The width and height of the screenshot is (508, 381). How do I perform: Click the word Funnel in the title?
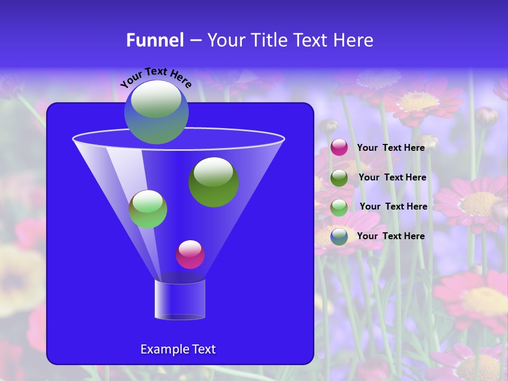(x=155, y=40)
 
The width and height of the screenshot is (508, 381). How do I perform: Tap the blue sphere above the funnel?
(x=156, y=112)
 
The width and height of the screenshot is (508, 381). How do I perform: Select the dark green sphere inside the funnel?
(x=213, y=183)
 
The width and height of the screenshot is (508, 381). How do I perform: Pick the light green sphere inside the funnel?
(x=148, y=209)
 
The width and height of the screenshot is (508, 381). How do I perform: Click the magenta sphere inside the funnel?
(x=190, y=255)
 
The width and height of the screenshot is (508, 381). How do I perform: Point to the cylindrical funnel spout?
(x=179, y=299)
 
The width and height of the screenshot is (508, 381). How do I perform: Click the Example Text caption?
(x=178, y=349)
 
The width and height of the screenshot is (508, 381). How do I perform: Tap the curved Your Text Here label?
(x=156, y=77)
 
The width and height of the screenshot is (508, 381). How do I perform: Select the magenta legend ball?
(x=339, y=148)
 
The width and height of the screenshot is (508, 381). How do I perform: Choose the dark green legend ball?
(x=339, y=178)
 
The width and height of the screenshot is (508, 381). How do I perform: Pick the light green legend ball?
(x=339, y=207)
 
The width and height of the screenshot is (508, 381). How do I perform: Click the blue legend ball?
(x=339, y=237)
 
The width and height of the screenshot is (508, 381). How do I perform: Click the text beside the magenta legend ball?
(x=391, y=148)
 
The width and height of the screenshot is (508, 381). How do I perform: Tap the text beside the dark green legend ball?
(x=392, y=177)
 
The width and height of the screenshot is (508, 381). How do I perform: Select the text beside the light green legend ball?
(x=393, y=206)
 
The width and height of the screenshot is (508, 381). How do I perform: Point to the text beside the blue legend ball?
(x=391, y=236)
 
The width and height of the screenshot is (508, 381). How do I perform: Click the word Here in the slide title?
(x=354, y=40)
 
